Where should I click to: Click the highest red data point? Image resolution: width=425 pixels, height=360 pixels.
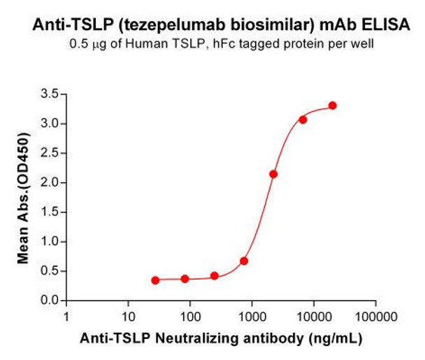pos(333,106)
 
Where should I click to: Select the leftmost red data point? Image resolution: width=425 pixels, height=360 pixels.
pos(155,280)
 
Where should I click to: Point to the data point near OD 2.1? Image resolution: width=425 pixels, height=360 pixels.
pos(273,174)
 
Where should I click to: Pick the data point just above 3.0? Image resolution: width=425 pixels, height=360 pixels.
pos(303,120)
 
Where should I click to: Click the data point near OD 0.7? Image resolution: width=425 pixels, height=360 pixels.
pos(244,261)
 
